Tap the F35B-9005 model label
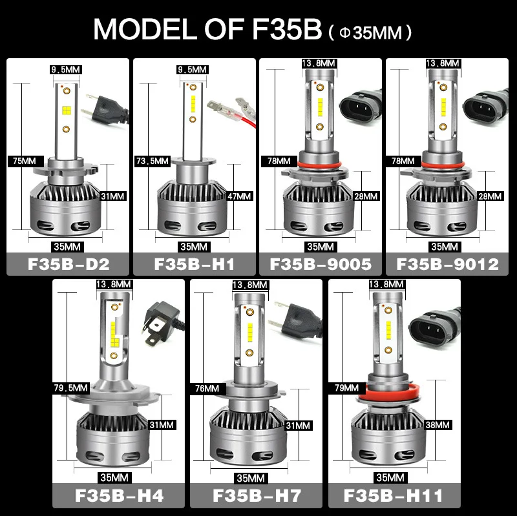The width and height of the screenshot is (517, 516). [x=321, y=265]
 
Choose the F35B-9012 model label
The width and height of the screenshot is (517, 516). [x=447, y=265]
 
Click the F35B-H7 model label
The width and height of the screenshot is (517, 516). [x=257, y=497]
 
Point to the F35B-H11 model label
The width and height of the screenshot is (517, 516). [x=394, y=497]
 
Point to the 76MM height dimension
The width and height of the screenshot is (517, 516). [x=207, y=389]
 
